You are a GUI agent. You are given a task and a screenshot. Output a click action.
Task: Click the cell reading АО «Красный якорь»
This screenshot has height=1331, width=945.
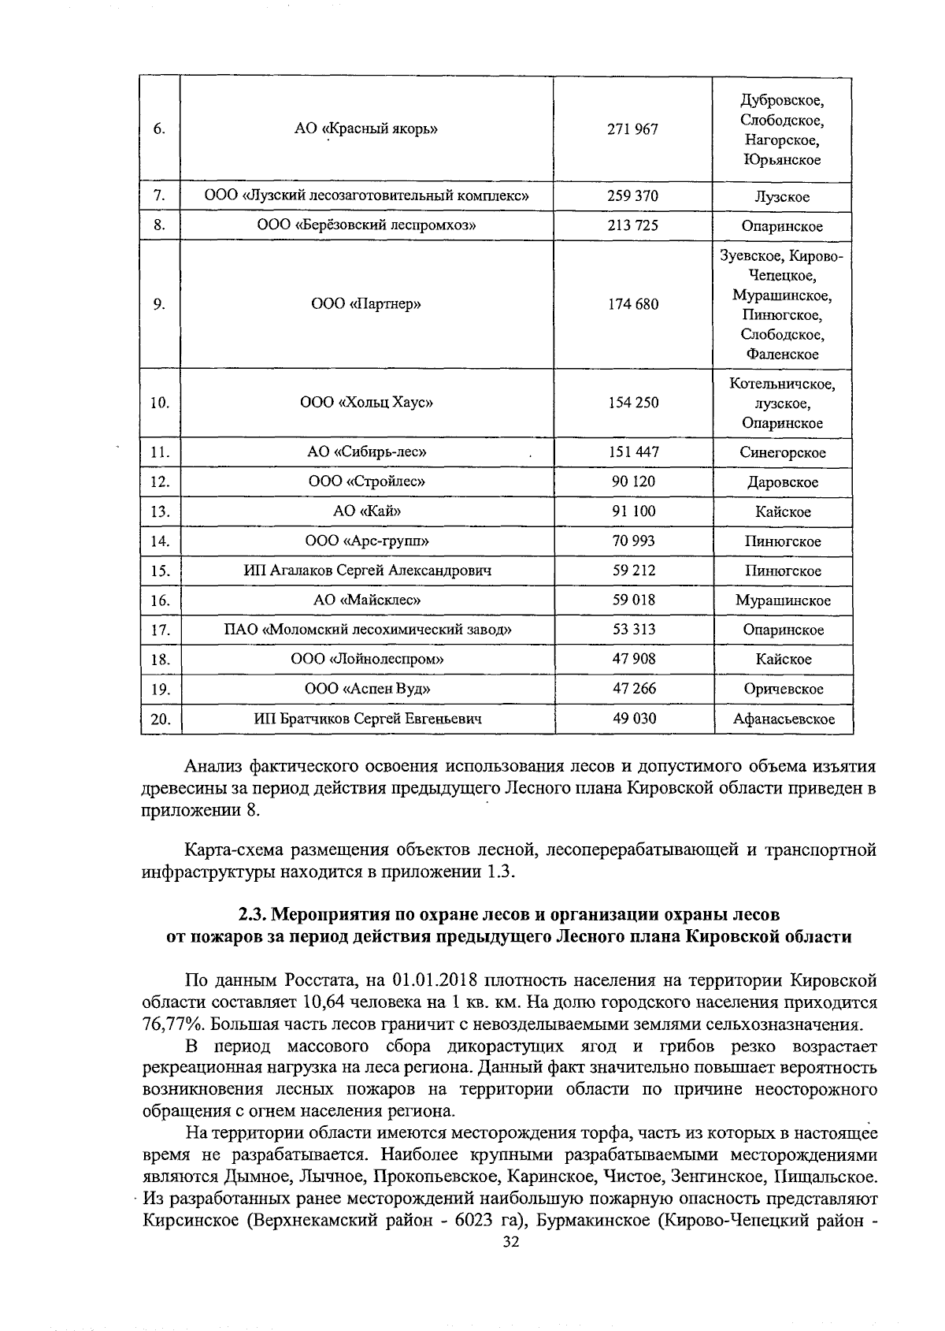366,129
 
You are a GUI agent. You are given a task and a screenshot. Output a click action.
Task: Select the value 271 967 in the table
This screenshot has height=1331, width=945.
632,129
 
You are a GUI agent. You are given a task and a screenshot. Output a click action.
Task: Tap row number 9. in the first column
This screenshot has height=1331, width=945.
160,305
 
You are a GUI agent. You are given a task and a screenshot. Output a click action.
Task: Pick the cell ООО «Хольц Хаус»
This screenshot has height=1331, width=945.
366,403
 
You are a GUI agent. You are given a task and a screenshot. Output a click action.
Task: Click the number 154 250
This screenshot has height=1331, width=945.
633,403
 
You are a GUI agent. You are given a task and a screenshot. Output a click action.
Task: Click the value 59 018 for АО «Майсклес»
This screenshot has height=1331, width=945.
633,600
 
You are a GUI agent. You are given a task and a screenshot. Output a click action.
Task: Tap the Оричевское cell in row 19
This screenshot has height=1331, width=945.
783,689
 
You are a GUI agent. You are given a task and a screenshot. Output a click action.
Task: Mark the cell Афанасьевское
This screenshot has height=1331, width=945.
783,719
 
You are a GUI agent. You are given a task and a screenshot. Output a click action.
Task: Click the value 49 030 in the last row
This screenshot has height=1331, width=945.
633,718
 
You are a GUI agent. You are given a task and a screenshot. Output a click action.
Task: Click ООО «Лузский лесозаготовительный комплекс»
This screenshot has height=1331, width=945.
366,196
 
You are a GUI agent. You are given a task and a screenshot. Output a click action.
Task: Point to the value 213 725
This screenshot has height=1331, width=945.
632,225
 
